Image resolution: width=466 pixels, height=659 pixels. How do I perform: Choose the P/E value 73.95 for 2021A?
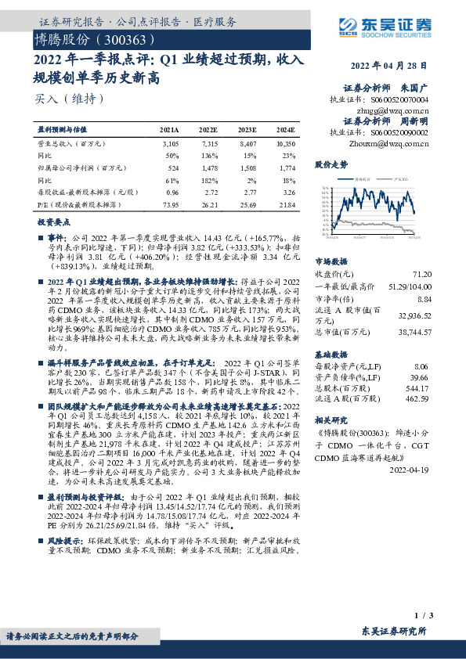(169, 203)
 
